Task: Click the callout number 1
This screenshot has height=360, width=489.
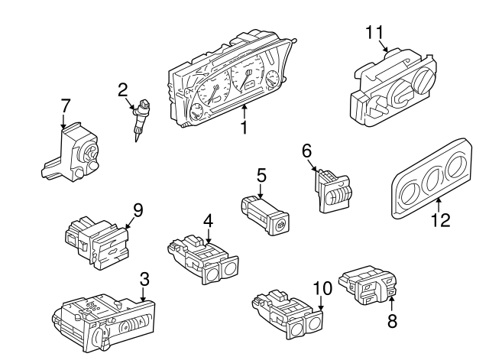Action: tap(244, 127)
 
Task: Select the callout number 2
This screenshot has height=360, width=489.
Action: tap(122, 90)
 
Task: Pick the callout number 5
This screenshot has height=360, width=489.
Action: tap(261, 177)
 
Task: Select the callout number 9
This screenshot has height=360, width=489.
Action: tap(138, 209)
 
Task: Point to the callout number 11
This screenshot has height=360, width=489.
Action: tap(373, 32)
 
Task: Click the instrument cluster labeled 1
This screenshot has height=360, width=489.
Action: tap(229, 84)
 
